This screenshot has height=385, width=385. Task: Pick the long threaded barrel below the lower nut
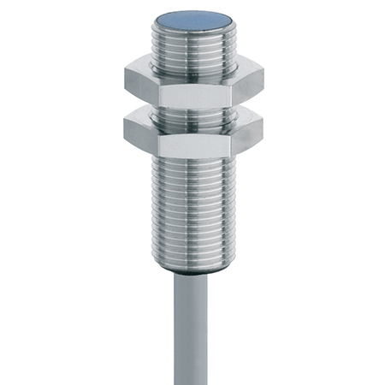point(192,205)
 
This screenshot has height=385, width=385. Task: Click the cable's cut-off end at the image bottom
point(194,380)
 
